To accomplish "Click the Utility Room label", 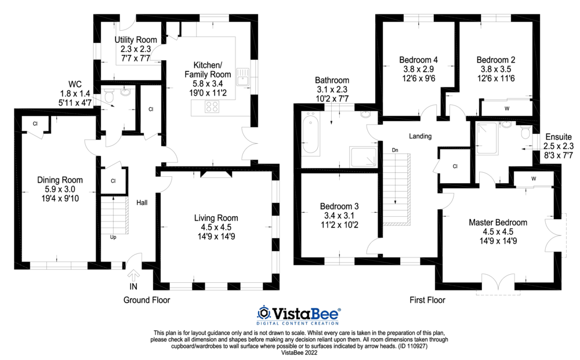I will (x=135, y=39).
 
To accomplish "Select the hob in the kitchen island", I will (x=212, y=106).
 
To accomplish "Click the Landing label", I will (x=420, y=136).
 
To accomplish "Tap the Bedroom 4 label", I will (x=419, y=60).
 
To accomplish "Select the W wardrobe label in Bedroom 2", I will (x=506, y=108).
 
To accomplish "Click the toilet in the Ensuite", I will (x=525, y=133).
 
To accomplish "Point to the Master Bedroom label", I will (x=498, y=222).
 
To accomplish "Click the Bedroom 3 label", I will (x=339, y=206).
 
